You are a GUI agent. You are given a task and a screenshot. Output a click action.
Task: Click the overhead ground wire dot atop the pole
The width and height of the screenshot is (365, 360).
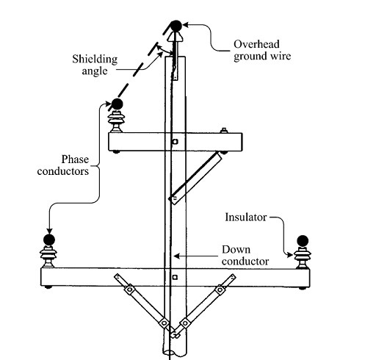[176, 26]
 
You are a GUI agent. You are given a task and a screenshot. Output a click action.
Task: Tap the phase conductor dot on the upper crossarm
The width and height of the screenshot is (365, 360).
[117, 104]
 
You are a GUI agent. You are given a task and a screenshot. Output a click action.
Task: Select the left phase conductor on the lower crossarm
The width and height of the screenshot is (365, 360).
[49, 240]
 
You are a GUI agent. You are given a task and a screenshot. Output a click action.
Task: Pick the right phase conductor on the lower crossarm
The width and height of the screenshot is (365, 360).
[303, 241]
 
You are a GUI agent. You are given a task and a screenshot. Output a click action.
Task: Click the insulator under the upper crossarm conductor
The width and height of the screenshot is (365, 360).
[117, 121]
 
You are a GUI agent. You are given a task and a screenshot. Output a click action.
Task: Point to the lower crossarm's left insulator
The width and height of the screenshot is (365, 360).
[48, 257]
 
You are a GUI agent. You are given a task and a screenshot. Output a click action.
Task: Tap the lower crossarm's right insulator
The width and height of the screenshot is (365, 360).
[303, 258]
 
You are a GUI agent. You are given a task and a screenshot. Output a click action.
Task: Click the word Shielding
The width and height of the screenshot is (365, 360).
[95, 59]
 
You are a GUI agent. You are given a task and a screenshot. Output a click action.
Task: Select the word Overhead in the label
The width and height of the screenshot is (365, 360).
[256, 44]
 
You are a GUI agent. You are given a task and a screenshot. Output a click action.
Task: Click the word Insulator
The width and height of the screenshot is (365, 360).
[246, 217]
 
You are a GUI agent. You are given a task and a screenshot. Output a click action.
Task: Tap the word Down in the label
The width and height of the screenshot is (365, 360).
[236, 250]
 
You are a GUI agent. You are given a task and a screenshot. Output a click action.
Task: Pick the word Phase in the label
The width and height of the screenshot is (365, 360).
[75, 159]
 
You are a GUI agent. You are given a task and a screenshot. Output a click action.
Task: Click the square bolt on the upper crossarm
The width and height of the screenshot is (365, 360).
[175, 142]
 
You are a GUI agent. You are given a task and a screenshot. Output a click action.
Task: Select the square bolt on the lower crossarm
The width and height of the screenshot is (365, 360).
[175, 277]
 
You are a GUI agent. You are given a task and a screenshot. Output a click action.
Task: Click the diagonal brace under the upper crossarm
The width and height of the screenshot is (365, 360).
[196, 178]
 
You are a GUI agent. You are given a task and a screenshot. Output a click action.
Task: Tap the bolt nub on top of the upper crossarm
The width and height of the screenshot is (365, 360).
[223, 130]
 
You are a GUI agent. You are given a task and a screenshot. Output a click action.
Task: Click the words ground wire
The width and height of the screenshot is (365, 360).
[262, 56]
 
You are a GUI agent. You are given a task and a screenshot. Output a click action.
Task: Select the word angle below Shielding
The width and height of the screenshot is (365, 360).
[95, 71]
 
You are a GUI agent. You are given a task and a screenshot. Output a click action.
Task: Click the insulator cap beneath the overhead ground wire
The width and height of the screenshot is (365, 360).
[175, 37]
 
